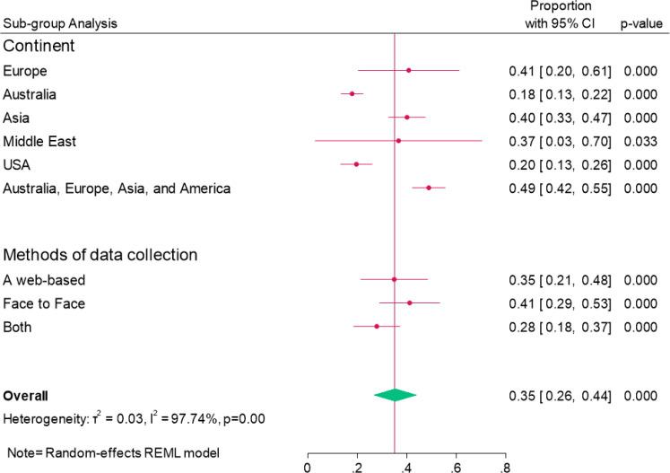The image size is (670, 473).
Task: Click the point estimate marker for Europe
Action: click(408, 70)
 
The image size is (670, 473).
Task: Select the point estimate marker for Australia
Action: click(352, 93)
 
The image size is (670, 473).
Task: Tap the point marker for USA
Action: click(356, 164)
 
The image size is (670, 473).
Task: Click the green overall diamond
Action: click(395, 395)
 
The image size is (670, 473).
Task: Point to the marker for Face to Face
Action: click(409, 303)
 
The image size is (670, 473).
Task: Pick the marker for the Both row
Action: click(377, 327)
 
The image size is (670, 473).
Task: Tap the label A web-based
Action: click(44, 280)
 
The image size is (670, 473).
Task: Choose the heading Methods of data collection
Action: click(100, 255)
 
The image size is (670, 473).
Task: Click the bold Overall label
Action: click(26, 395)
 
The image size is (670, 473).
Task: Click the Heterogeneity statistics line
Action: click(132, 418)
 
